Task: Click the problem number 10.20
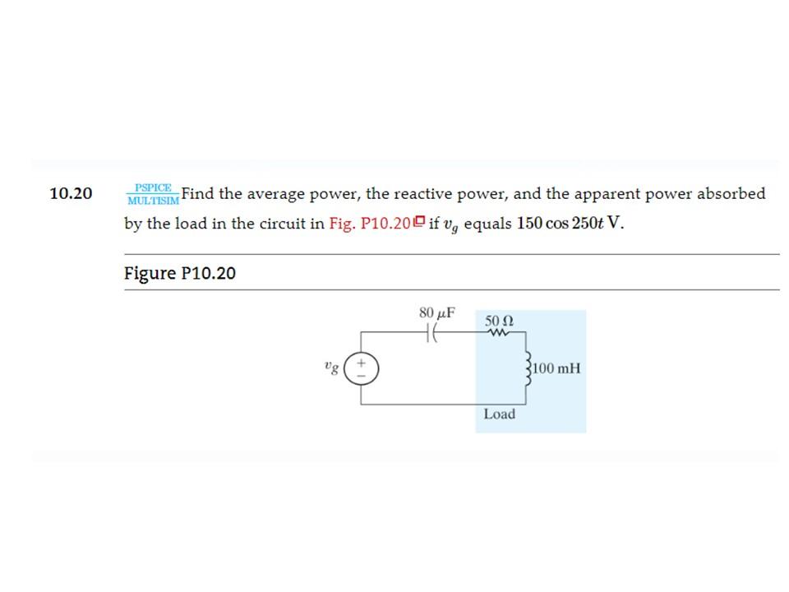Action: (x=71, y=194)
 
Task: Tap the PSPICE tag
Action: (x=153, y=187)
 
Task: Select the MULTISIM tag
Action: (x=153, y=200)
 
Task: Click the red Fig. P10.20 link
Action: (x=369, y=223)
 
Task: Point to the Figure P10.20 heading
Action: (x=179, y=273)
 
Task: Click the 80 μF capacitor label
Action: (x=436, y=312)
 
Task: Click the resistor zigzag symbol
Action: (x=499, y=332)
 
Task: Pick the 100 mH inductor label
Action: (x=557, y=368)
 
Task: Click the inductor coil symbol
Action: (x=527, y=368)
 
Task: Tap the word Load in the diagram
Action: (x=499, y=414)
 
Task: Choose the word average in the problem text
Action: (x=275, y=194)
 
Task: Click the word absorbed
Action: (x=731, y=194)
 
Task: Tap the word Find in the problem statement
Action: (x=198, y=194)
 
